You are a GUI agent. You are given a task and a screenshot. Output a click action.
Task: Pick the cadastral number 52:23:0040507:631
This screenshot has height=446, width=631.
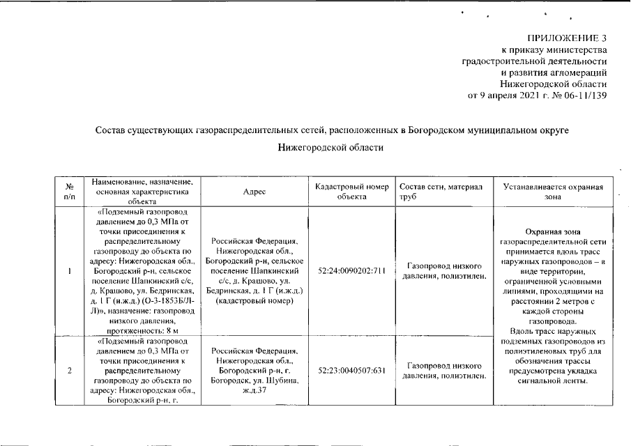pos(351,370)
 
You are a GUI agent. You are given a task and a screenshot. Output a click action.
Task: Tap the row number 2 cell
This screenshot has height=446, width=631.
pos(69,370)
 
